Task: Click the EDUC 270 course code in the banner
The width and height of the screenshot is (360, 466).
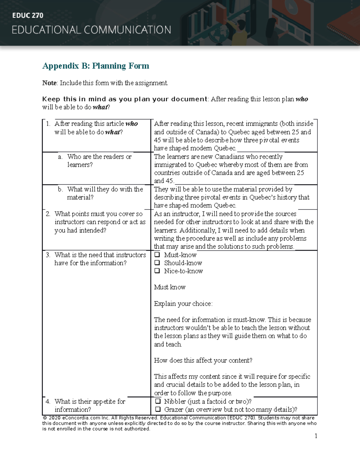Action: (x=28, y=16)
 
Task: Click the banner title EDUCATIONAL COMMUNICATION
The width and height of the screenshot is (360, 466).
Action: (x=91, y=30)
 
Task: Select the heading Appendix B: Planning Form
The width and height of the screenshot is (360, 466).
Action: (x=96, y=66)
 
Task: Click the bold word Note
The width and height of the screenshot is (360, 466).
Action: (x=49, y=83)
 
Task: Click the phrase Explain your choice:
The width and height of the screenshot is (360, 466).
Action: (x=183, y=304)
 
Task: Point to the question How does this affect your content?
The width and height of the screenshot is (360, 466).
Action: (x=203, y=360)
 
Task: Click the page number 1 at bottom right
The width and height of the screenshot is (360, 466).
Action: (x=316, y=436)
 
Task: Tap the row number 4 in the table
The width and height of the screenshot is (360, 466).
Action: (x=48, y=401)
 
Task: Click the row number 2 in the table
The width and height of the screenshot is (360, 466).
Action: (x=48, y=214)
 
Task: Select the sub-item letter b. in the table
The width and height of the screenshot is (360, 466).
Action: (x=60, y=189)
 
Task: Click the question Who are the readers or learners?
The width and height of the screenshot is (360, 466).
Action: (x=99, y=161)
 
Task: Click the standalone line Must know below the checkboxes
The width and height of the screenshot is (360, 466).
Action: (x=169, y=287)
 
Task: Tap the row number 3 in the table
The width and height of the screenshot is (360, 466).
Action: (x=48, y=255)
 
